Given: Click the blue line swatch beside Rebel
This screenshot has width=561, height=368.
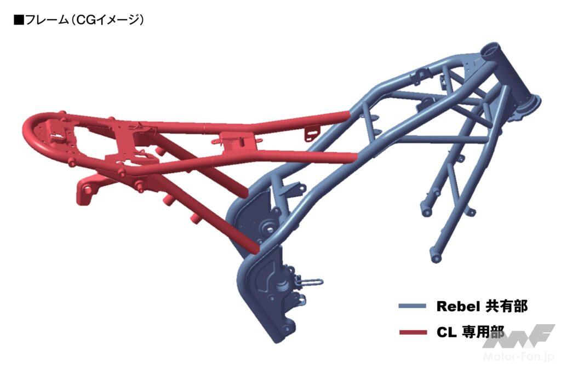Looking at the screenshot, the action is pyautogui.click(x=412, y=306).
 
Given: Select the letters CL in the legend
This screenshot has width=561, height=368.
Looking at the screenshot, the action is pyautogui.click(x=446, y=332).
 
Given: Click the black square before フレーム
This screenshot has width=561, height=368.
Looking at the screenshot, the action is pyautogui.click(x=19, y=20).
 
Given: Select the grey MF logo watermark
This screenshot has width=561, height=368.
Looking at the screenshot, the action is pyautogui.click(x=519, y=336).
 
